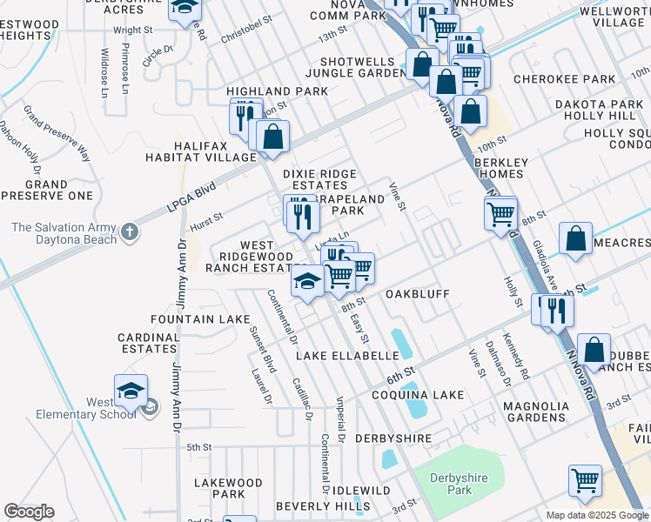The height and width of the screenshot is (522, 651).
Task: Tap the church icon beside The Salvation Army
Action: click(x=130, y=231)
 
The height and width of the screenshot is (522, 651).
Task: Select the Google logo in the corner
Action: click(x=29, y=512)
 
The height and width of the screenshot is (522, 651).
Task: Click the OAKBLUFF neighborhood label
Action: click(x=417, y=294)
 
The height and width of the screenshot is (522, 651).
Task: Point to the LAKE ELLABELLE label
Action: click(x=346, y=356)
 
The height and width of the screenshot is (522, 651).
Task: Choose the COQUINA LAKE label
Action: click(x=418, y=395)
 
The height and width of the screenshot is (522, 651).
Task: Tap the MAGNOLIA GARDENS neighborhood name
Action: click(x=536, y=412)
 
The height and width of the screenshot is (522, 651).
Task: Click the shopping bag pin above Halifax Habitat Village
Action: click(x=272, y=136)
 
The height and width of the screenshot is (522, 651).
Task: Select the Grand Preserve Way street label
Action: click(x=57, y=133)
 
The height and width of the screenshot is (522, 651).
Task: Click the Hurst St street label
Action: click(x=206, y=218)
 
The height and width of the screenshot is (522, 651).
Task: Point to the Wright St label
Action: click(x=132, y=30)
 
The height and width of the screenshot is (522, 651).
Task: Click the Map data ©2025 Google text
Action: click(x=596, y=515)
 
